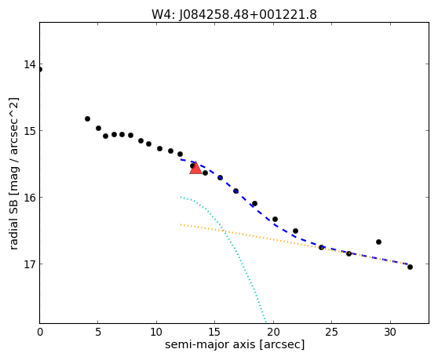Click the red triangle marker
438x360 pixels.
[195, 168]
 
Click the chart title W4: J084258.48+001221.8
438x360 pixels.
[234, 15]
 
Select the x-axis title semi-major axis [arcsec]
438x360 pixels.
[235, 344]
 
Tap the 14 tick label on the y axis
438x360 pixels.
[30, 64]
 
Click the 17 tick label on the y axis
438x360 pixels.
[30, 264]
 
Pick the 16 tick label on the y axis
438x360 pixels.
[30, 198]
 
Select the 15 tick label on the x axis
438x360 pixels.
[214, 332]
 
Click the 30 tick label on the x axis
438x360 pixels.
[390, 332]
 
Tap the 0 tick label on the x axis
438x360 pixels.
[40, 332]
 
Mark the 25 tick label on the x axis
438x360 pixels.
[331, 332]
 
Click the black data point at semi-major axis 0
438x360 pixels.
[40, 70]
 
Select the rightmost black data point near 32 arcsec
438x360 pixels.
[410, 267]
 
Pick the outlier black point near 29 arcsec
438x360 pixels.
[379, 242]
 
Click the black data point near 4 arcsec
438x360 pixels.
[87, 119]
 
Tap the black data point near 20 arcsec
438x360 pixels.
[276, 220]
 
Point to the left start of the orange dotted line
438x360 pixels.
[181, 224]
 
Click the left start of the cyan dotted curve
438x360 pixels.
[181, 197]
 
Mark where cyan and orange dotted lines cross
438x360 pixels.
[224, 231]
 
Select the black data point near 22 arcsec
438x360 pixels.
[296, 231]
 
